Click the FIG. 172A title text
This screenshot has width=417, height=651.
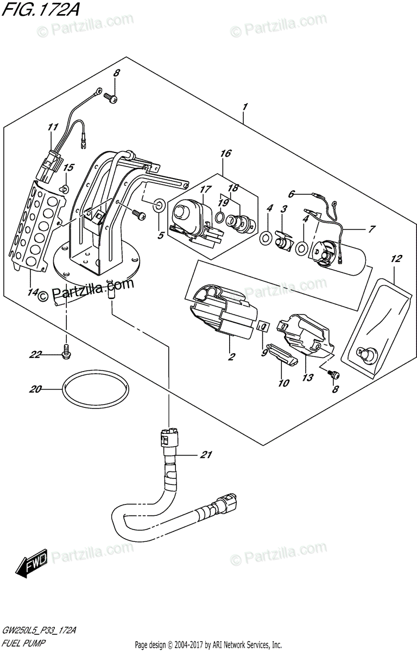[x=40, y=10]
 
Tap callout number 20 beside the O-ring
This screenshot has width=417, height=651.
[x=35, y=389]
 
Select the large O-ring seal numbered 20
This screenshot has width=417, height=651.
[x=96, y=388]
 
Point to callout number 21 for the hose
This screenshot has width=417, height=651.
[x=206, y=454]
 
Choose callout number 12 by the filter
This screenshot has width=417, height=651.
[x=396, y=258]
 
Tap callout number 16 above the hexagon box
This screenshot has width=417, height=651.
[x=226, y=153]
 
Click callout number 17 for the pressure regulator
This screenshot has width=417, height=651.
[x=206, y=189]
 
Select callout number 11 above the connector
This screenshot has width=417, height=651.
[x=53, y=127]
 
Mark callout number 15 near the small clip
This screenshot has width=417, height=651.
[x=68, y=168]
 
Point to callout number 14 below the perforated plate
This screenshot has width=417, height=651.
[x=33, y=292]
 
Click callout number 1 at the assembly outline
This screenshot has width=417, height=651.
[x=245, y=107]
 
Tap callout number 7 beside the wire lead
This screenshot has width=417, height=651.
[x=371, y=229]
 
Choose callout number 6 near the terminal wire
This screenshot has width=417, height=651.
[x=292, y=193]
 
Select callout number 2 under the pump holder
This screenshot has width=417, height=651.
[x=231, y=356]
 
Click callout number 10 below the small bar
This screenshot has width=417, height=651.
[x=283, y=383]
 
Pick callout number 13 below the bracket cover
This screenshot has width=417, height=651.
[x=308, y=377]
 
